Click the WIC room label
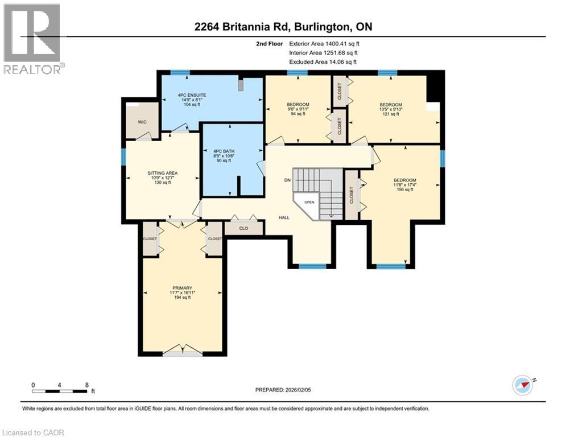(142, 122)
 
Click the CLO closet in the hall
(243, 229)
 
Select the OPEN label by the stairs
(309, 202)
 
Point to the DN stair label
(288, 180)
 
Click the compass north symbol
(522, 385)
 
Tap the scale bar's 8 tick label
(86, 385)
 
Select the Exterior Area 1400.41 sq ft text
(324, 43)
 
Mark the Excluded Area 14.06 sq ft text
(323, 61)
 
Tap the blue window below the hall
(312, 266)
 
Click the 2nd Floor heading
(270, 43)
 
